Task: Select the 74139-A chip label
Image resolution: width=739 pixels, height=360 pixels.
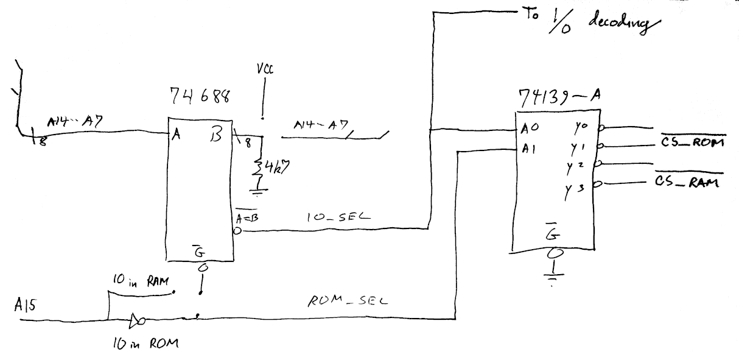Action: [x=554, y=97]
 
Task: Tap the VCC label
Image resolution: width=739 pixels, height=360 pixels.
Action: [x=265, y=72]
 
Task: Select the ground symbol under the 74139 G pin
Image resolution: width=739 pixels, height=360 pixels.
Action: [x=553, y=276]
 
